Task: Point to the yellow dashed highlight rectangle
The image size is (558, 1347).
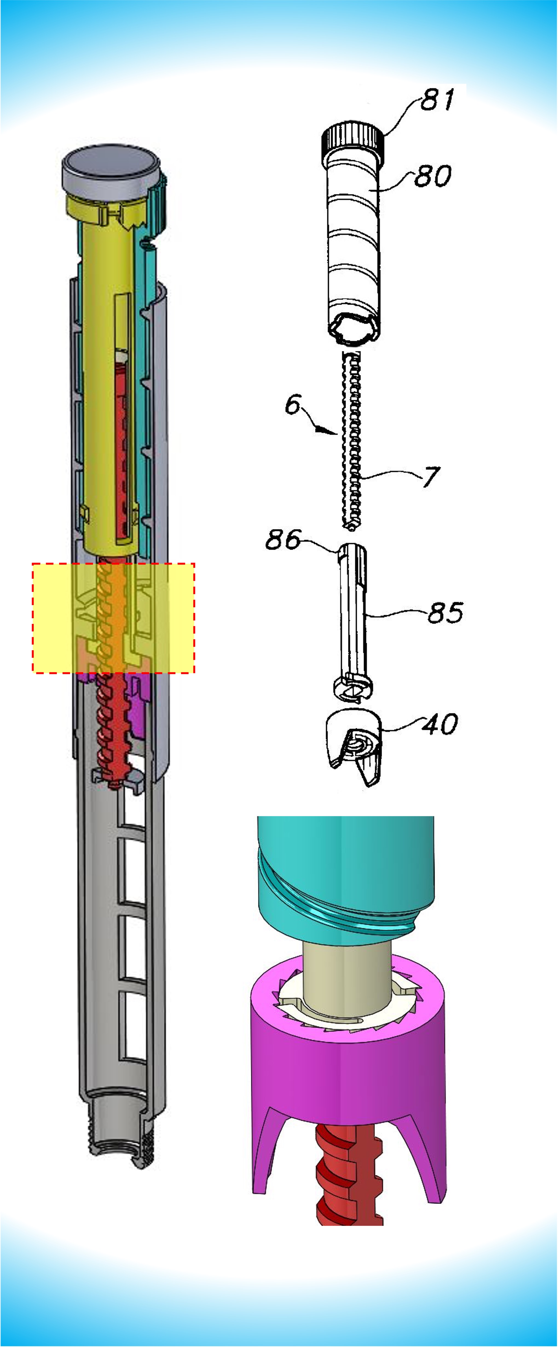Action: tap(114, 618)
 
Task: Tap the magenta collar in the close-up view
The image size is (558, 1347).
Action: tap(349, 1082)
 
